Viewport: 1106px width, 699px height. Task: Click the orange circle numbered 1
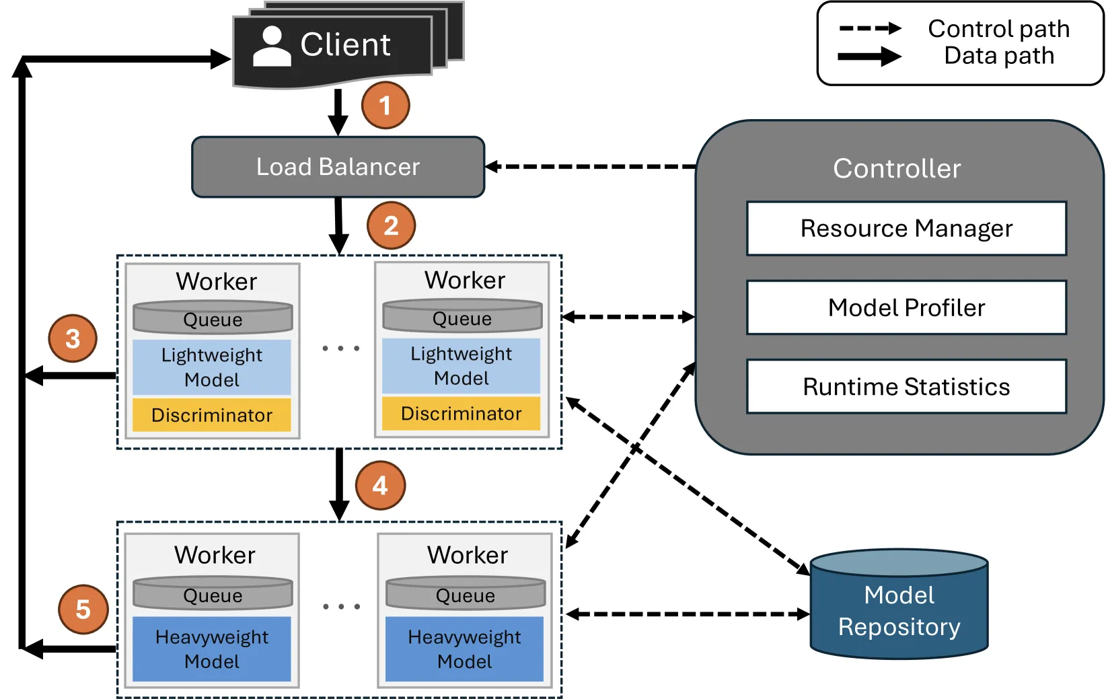pos(385,105)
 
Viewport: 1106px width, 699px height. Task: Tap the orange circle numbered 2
pos(391,225)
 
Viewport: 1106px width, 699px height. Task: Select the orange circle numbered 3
pos(73,338)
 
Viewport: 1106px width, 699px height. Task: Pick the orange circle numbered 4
pos(380,485)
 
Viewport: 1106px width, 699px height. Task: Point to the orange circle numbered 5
pos(83,609)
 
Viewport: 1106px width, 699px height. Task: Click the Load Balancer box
pos(338,167)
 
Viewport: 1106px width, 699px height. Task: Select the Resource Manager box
pos(906,228)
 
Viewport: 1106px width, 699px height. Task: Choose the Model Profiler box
pos(906,307)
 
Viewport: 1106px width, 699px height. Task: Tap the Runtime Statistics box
pos(906,387)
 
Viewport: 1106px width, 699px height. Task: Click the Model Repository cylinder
pos(899,605)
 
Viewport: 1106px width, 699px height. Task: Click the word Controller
pos(897,168)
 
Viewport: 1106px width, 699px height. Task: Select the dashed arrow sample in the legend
pos(870,28)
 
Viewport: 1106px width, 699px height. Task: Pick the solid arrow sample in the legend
pos(870,57)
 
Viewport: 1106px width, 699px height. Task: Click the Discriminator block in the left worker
pos(212,414)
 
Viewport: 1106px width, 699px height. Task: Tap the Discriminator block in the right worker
pos(461,413)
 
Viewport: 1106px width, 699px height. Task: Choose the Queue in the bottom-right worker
pos(466,593)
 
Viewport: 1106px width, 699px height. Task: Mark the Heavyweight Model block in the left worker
pos(212,649)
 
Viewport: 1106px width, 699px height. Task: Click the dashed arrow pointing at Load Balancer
pos(591,167)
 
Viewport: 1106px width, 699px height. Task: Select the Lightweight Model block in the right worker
pos(461,366)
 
